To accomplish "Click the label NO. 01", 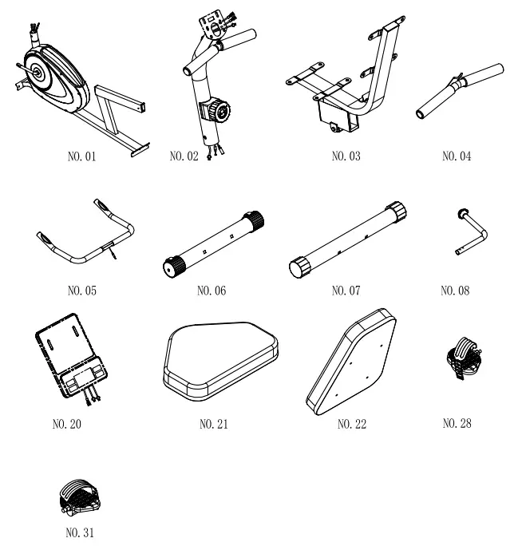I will [81, 156].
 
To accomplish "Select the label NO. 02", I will [184, 156].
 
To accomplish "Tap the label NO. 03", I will [345, 156].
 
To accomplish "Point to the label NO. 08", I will [456, 291].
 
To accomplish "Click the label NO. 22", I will [351, 423].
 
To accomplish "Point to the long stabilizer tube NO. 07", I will [347, 239].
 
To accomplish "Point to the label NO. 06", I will [211, 291].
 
